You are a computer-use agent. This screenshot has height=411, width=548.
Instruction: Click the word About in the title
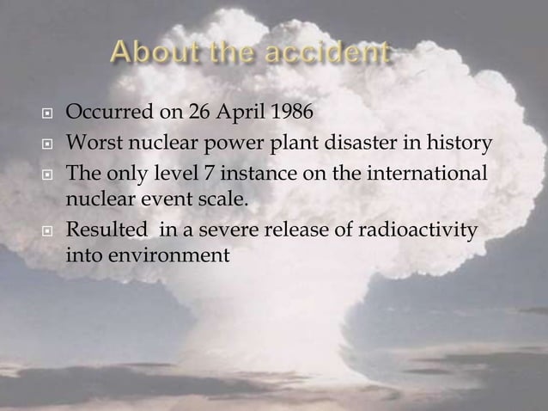point(153,54)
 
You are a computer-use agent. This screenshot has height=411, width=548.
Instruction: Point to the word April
point(226,113)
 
